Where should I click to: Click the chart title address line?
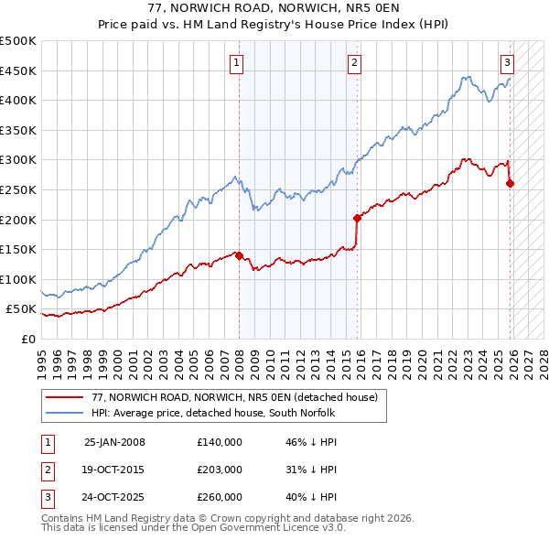point(274,8)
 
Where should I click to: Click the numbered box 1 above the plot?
point(236,63)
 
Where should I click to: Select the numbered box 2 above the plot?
point(354,63)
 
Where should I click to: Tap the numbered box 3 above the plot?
point(507,63)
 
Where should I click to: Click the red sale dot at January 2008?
point(239,256)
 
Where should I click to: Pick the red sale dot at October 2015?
point(357,218)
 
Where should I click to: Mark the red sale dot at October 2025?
point(510,184)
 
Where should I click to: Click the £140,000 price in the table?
point(219,442)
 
